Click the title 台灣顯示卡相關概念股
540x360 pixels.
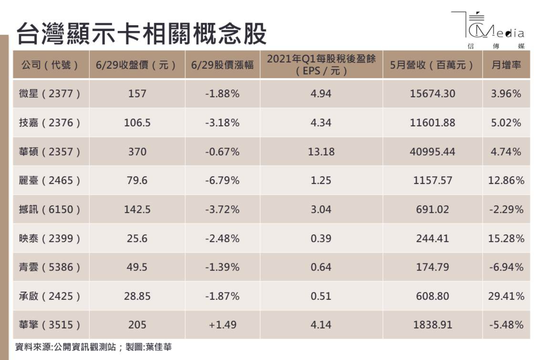141,34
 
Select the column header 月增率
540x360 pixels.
506,65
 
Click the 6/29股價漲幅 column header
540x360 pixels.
222,65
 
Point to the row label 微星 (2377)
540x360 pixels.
50,94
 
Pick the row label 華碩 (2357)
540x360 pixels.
50,152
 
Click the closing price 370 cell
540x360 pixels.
137,152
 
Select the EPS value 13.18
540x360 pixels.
321,152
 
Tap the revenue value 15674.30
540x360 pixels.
432,94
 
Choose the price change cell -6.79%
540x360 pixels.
222,181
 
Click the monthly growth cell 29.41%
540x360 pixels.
506,296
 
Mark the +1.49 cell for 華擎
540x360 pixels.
222,325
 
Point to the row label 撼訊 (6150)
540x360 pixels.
50,210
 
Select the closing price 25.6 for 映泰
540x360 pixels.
137,239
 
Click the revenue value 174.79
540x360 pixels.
432,267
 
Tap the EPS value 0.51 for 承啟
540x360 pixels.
321,296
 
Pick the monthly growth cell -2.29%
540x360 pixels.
506,210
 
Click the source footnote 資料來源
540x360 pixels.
93,347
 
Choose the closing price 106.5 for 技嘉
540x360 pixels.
137,123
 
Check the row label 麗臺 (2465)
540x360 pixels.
50,181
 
